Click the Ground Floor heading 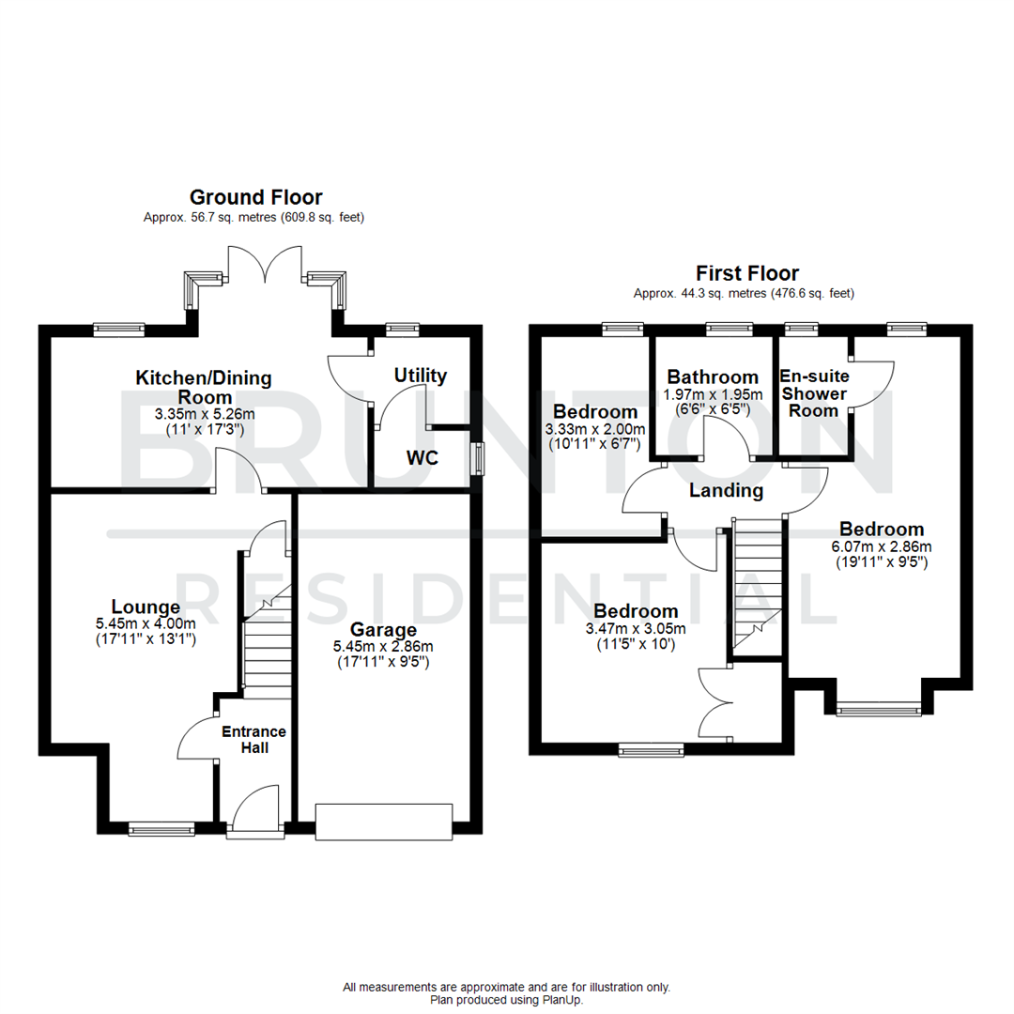coord(255,197)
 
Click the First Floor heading coord(746,273)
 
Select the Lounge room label coord(146,607)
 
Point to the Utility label coord(420,376)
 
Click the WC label coord(422,457)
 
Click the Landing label coord(726,490)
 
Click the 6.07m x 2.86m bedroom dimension coord(882,546)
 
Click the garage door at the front coord(384,821)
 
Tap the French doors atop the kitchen coord(265,262)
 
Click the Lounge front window coord(161,828)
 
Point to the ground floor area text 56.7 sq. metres coord(253,218)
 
